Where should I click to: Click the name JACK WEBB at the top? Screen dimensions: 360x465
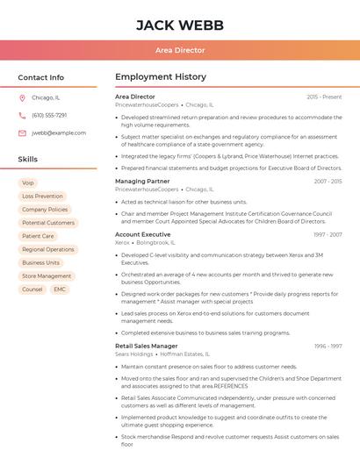(x=179, y=25)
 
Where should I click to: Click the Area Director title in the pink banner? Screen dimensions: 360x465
(x=179, y=50)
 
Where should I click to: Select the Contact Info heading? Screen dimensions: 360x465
(x=41, y=77)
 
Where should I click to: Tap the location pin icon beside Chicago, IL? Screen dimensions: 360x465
(x=22, y=98)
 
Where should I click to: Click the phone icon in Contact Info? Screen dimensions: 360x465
(x=22, y=116)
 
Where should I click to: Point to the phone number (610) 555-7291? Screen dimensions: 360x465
(x=49, y=116)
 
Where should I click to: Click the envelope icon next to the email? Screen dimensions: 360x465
(x=22, y=133)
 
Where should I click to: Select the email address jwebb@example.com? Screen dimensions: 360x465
(x=59, y=133)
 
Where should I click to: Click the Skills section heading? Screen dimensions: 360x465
(x=28, y=160)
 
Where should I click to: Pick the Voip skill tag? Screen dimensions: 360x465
(x=28, y=183)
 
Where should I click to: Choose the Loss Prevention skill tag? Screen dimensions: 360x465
(x=42, y=197)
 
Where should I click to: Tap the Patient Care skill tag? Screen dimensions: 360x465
(x=38, y=236)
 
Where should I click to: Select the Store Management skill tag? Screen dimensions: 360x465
(x=47, y=275)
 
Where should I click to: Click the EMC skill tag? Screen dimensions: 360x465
(x=60, y=289)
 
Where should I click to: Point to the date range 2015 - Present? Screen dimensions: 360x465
(x=324, y=97)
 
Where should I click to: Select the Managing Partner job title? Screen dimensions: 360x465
(x=142, y=182)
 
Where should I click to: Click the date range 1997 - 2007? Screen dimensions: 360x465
(x=328, y=235)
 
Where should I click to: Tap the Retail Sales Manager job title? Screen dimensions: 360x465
(x=146, y=347)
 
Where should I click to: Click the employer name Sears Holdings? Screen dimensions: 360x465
(x=133, y=354)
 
